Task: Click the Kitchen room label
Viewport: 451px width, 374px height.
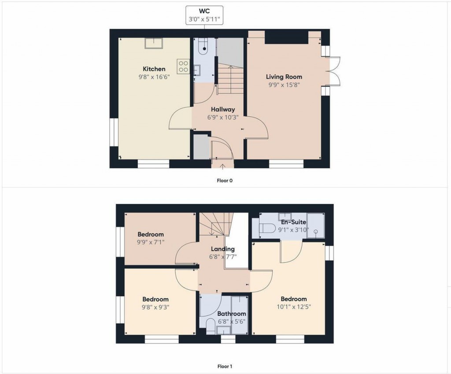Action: point(154,69)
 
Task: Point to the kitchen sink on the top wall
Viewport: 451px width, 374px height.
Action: point(154,43)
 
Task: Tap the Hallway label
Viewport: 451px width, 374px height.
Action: point(222,109)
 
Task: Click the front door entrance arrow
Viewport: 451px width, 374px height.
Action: point(222,166)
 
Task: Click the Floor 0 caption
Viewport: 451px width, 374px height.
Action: point(225,180)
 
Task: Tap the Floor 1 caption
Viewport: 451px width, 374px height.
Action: point(225,366)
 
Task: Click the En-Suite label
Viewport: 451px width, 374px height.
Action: point(293,222)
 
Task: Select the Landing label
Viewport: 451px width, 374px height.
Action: point(222,249)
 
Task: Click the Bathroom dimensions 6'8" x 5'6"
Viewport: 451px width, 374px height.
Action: point(231,322)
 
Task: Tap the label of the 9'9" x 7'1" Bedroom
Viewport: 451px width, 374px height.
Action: point(150,234)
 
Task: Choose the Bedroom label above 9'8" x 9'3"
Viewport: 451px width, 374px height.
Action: point(155,299)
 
